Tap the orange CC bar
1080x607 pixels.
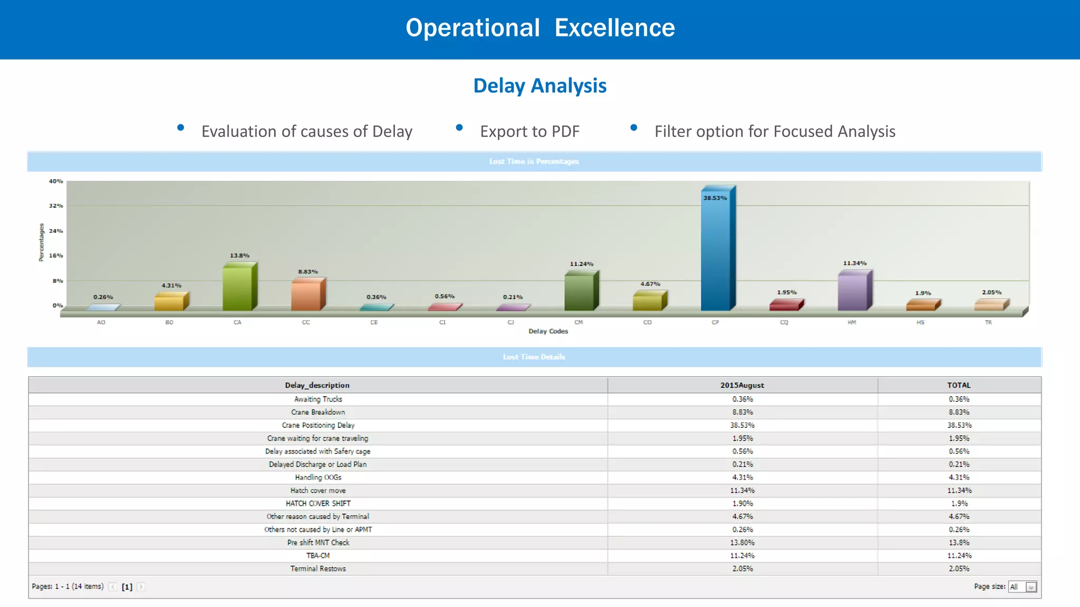click(306, 295)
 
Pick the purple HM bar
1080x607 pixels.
click(852, 291)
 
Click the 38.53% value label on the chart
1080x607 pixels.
click(715, 198)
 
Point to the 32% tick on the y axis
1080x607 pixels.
click(56, 206)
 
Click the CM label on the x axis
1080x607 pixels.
click(578, 322)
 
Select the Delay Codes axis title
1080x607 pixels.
click(548, 331)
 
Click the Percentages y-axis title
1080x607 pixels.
click(41, 242)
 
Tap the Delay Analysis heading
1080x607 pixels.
click(539, 86)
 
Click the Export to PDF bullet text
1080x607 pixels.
click(529, 132)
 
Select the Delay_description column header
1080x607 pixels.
click(317, 385)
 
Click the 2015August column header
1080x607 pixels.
click(742, 385)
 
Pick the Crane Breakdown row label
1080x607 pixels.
click(318, 412)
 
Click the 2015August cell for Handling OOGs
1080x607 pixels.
click(742, 477)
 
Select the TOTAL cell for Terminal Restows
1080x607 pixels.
click(959, 569)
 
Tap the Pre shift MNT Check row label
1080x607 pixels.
click(318, 543)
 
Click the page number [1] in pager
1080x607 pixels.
click(127, 587)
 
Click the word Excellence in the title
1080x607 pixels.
click(614, 28)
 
